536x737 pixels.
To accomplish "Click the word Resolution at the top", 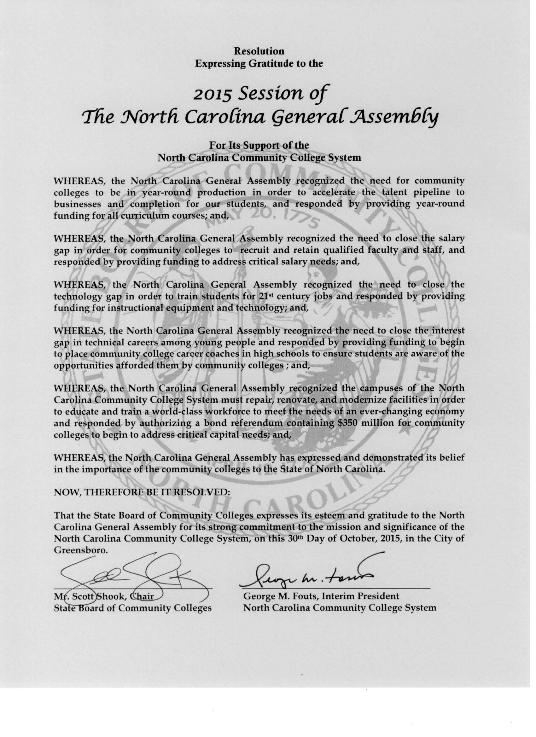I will (x=259, y=51).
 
